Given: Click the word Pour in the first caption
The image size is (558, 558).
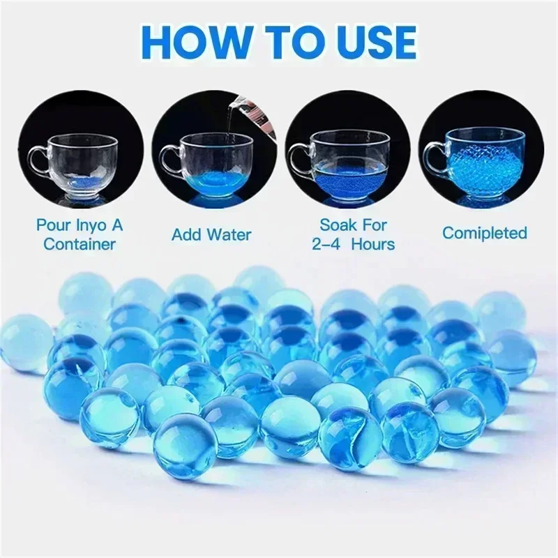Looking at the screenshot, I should tap(54, 225).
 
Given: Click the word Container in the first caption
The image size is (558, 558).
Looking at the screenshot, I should tap(80, 243).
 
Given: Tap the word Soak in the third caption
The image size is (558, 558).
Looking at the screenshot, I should tap(338, 225).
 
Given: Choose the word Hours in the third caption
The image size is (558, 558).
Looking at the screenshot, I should tap(373, 243).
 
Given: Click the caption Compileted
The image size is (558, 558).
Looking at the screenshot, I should tap(484, 233).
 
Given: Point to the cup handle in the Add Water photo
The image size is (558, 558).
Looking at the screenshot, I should tap(169, 163).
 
